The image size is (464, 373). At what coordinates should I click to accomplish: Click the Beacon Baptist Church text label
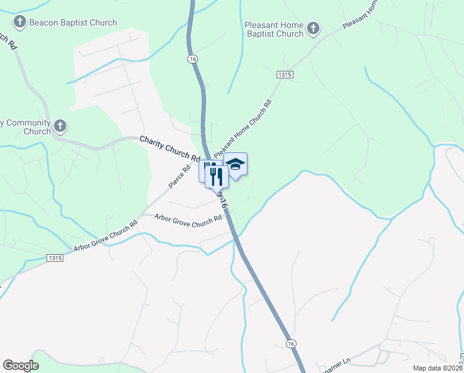tap(73, 23)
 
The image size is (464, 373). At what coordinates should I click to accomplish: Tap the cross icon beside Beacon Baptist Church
tap(19, 23)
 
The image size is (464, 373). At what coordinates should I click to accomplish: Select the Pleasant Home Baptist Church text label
tap(274, 29)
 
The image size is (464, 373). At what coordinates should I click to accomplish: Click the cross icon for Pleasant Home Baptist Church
tap(313, 28)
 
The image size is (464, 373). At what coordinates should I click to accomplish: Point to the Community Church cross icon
tap(60, 127)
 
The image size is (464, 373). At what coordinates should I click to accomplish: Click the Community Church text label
tap(28, 127)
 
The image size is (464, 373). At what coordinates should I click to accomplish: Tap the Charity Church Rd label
tap(168, 148)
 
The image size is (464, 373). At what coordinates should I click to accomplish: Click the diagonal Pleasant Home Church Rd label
tap(243, 129)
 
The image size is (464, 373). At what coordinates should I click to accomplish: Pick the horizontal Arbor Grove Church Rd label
tap(188, 218)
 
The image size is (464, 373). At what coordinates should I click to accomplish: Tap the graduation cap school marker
tap(235, 164)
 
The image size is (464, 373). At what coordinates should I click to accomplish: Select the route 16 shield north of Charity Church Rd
tap(193, 58)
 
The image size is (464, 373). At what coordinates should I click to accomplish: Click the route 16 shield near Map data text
tap(291, 343)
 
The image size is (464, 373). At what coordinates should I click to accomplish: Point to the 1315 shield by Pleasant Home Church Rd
tap(285, 74)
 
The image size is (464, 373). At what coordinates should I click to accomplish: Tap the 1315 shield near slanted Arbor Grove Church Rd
tap(55, 257)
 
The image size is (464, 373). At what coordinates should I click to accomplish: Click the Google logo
tap(20, 366)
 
